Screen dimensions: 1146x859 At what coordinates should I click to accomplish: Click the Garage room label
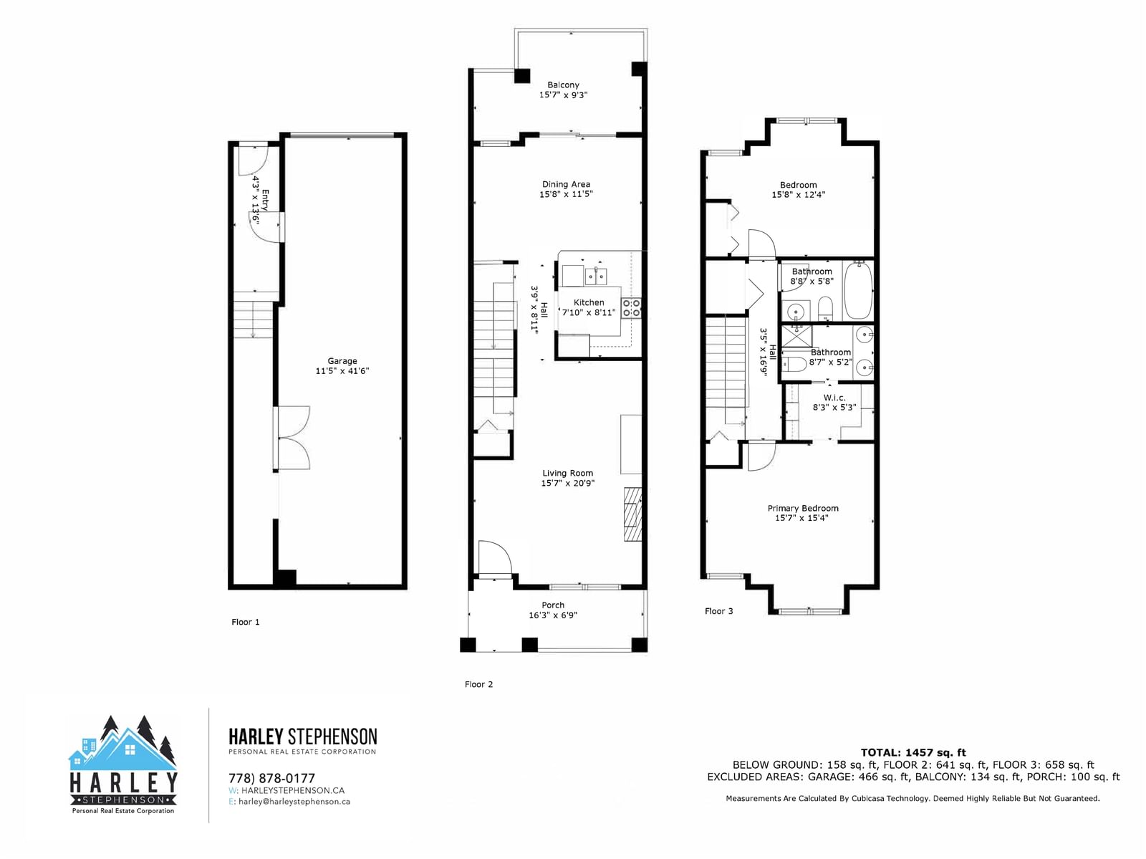(x=342, y=361)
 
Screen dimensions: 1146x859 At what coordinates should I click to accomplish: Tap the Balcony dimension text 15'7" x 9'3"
(x=563, y=95)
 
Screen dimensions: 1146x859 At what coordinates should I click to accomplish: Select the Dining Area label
(x=566, y=184)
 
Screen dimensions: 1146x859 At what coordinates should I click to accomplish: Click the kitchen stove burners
(x=631, y=308)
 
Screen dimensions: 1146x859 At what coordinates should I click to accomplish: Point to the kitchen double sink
(x=596, y=276)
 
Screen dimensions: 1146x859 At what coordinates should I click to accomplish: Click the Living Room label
(x=567, y=473)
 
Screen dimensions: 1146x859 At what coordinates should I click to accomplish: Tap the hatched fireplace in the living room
(x=632, y=514)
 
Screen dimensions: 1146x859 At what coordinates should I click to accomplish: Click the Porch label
(x=553, y=605)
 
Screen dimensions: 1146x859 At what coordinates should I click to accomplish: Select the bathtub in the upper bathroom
(x=858, y=290)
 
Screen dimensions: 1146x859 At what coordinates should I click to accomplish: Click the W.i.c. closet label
(x=834, y=398)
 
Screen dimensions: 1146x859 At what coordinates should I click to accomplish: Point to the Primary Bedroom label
(x=802, y=508)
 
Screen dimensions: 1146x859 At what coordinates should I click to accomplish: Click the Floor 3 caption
(x=718, y=611)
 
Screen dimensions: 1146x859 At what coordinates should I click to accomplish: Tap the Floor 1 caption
(x=246, y=622)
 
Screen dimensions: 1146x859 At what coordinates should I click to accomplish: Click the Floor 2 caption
(x=478, y=684)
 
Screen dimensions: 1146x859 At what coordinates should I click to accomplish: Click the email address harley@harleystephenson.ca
(x=294, y=802)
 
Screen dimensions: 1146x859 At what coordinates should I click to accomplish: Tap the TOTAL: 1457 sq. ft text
(x=913, y=752)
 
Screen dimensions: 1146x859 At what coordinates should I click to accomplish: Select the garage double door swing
(x=292, y=438)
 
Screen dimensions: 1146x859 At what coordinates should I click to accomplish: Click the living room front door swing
(x=494, y=559)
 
